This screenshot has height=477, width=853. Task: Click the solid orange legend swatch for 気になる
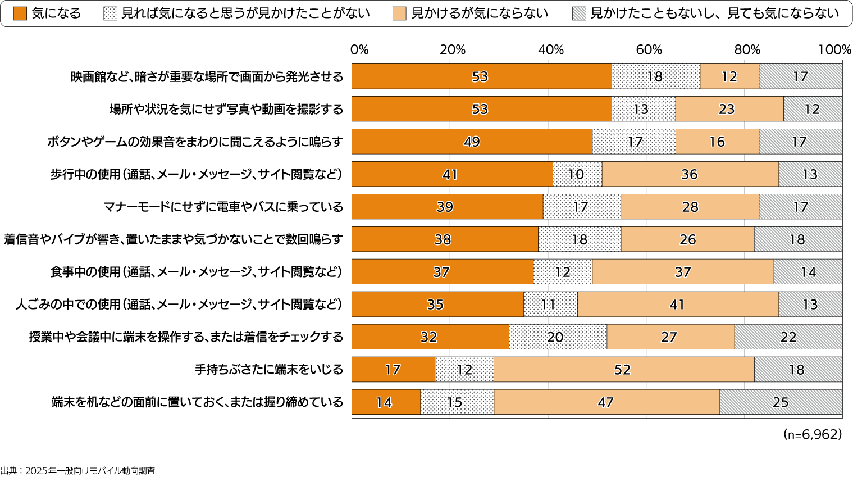20,13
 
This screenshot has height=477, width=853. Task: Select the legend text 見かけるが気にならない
479,13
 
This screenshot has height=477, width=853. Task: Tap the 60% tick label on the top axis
649,49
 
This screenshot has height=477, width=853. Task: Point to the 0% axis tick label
359,49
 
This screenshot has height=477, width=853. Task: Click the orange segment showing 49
472,142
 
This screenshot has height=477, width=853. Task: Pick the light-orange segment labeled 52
623,370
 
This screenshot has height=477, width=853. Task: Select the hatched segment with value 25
781,402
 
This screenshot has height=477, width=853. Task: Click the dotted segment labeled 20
557,337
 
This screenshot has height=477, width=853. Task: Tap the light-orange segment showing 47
606,402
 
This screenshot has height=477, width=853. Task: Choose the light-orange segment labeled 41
677,305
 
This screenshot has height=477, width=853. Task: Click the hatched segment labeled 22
788,337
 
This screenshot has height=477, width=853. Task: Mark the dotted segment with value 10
577,174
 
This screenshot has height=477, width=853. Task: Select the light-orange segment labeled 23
728,109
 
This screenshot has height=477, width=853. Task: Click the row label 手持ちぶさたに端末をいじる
268,370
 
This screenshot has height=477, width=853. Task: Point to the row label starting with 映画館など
207,76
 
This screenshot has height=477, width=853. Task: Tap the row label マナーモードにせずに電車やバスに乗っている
223,207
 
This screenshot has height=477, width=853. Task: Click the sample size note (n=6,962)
812,434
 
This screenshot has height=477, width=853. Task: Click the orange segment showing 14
385,402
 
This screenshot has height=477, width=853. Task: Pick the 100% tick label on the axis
834,49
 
